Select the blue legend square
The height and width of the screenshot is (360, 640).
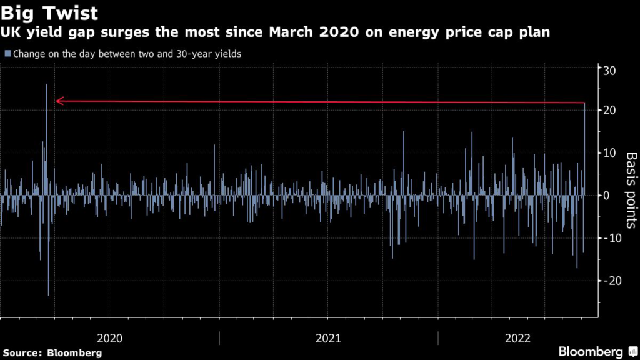coord(7,54)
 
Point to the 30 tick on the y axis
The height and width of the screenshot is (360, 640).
coord(609,70)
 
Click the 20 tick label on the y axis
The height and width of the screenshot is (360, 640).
coord(609,111)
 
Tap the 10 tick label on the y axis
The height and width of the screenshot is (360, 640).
coord(609,153)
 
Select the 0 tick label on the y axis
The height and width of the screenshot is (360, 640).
coord(606,196)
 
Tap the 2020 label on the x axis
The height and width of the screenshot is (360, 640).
coord(110,338)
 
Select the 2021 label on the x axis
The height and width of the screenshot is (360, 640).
coord(328,338)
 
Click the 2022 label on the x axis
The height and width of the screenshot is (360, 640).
coord(517,338)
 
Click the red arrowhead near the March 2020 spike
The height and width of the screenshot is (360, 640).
coord(59,101)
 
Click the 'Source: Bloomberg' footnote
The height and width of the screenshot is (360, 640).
coord(51,352)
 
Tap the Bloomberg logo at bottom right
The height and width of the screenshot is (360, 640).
coord(597,352)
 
